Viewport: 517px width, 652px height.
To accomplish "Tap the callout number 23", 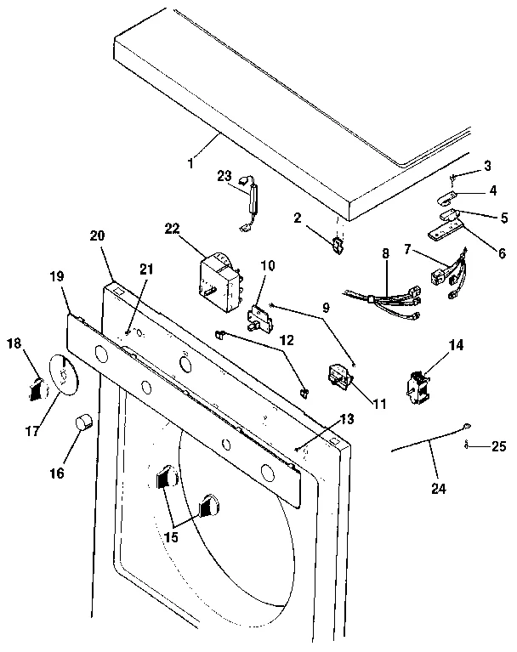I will (224, 176).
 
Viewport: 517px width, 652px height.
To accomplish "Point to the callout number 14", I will (456, 345).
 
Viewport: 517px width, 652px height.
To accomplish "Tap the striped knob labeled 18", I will (35, 388).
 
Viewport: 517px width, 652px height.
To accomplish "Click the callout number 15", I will (171, 538).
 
